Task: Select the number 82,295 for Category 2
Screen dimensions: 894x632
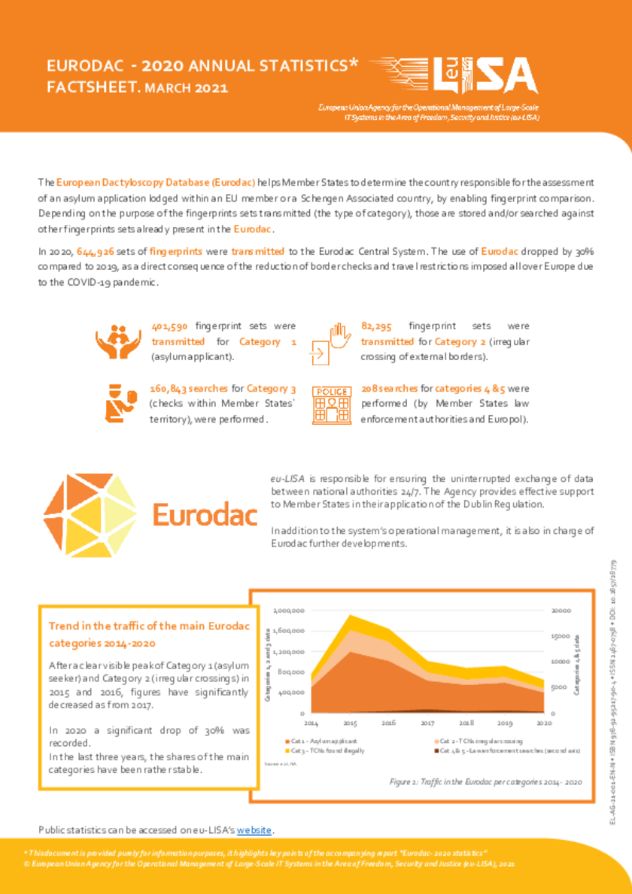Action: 377,326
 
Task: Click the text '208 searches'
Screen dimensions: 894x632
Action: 389,389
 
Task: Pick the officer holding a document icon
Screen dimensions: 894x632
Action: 119,401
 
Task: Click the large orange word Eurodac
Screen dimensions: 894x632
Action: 205,515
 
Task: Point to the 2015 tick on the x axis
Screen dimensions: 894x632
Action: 350,723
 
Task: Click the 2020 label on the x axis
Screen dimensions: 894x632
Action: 543,723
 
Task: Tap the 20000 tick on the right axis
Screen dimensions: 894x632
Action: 561,610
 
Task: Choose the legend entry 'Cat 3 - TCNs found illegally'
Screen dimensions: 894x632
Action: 311,750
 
